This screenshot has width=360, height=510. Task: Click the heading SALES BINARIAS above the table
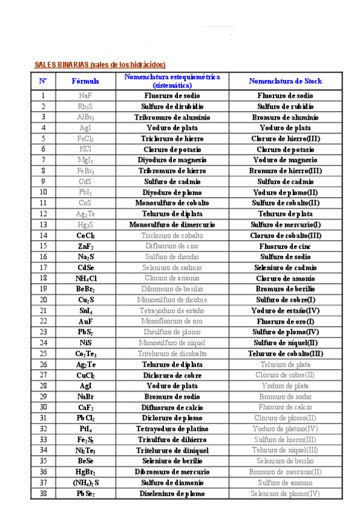point(100,64)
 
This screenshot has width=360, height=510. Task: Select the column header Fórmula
point(85,81)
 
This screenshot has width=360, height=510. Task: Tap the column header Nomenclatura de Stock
point(285,81)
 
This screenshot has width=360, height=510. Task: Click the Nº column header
point(43,81)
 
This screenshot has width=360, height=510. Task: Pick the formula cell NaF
point(85,96)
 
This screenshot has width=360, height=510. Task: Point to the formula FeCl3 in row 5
point(85,138)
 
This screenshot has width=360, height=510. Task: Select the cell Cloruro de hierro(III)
point(285,138)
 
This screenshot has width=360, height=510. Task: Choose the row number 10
point(43,192)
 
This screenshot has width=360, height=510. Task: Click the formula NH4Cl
point(85,278)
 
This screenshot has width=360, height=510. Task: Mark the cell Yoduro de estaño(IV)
point(285,311)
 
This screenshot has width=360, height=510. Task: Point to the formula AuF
point(85,322)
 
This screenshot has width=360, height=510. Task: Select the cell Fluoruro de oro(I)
point(285,322)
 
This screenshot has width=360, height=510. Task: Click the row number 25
point(43,354)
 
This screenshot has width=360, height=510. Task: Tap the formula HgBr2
point(85,472)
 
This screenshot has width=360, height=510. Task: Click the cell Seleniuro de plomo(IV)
point(285,494)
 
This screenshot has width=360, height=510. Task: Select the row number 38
point(43,494)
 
